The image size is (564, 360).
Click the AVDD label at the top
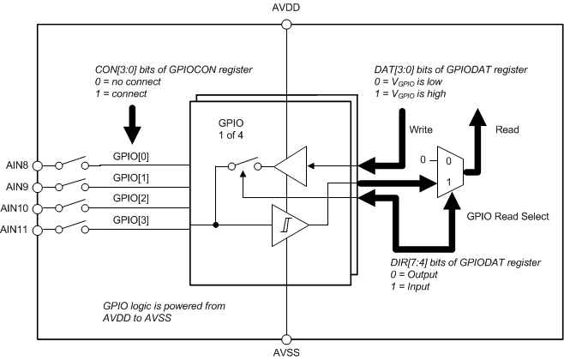point(285,7)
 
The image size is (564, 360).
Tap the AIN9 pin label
point(17,186)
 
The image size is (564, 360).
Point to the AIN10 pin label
point(15,207)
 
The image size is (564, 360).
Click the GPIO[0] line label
point(130,159)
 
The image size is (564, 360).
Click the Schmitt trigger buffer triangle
point(287,226)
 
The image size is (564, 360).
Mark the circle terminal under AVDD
point(285,24)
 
